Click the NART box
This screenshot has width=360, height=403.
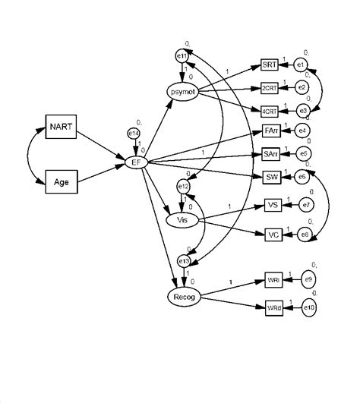(x=60, y=127)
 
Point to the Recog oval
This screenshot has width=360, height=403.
(x=183, y=296)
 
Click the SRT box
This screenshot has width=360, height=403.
(x=270, y=65)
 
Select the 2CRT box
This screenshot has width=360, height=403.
(x=270, y=87)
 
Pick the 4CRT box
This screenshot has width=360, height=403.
(x=270, y=110)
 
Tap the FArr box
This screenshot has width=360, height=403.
(x=270, y=132)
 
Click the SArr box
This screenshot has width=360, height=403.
(x=270, y=155)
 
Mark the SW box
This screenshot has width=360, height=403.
(x=272, y=178)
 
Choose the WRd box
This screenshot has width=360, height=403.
(x=273, y=309)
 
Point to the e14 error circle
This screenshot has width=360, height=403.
(x=134, y=134)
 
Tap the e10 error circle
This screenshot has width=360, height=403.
(x=309, y=309)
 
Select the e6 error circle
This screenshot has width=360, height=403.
(x=302, y=177)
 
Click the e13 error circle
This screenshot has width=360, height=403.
(x=183, y=261)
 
